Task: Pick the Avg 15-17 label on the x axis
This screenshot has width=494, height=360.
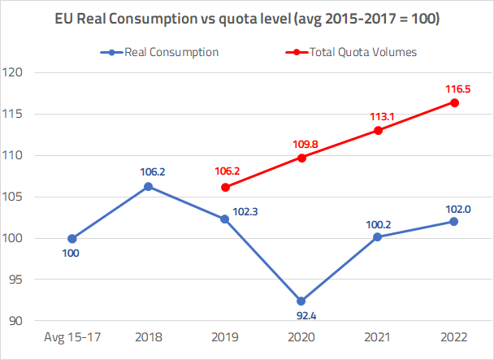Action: click(72, 336)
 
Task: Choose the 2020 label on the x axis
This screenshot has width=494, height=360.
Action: click(301, 336)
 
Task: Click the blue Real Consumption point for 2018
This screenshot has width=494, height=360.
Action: click(149, 187)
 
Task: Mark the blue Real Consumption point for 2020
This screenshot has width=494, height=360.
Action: click(301, 301)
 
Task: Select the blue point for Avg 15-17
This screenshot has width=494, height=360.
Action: click(72, 238)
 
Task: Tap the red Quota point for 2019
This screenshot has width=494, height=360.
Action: click(225, 187)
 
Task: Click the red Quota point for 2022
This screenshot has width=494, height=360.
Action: click(455, 102)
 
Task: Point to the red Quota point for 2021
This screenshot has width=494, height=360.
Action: click(379, 130)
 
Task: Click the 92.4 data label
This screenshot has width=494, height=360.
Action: click(301, 317)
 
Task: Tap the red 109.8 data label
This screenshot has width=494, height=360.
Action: click(301, 144)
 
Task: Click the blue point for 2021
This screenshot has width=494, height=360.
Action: click(379, 236)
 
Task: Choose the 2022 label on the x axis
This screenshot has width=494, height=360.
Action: click(454, 336)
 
